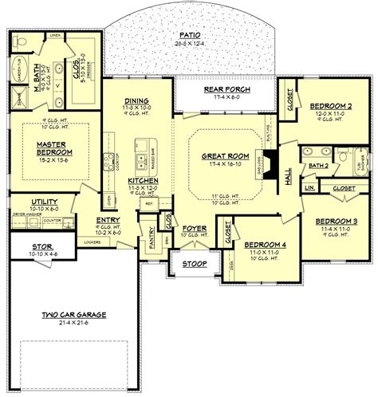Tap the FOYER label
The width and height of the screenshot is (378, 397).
click(x=196, y=227)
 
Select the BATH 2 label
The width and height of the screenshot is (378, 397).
click(x=317, y=187)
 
